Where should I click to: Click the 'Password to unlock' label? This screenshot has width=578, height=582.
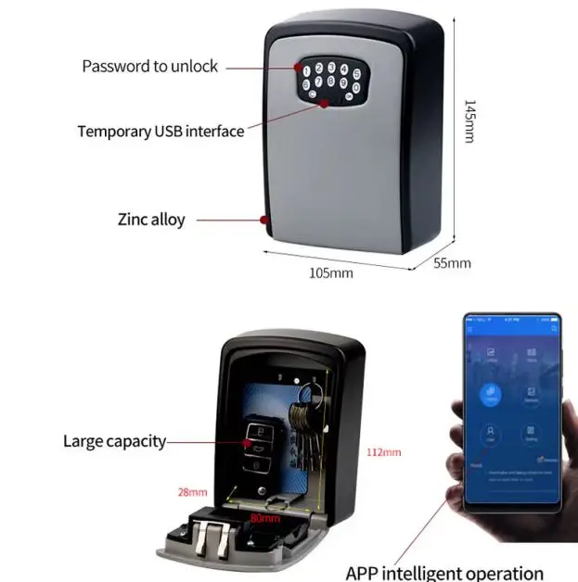click(x=150, y=66)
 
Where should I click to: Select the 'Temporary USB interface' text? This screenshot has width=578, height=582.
click(x=161, y=131)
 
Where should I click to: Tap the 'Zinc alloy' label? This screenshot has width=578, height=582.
click(x=151, y=220)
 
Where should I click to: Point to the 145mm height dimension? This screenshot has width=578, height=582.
click(x=469, y=120)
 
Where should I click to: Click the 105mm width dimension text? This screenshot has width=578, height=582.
click(x=330, y=272)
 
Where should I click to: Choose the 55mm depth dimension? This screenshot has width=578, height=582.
click(x=453, y=263)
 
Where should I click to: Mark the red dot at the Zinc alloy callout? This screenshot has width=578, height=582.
click(x=265, y=221)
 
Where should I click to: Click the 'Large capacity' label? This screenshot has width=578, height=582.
click(x=114, y=441)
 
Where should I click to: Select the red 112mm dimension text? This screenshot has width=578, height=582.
click(x=384, y=452)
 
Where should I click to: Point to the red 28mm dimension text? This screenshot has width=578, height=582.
click(x=193, y=492)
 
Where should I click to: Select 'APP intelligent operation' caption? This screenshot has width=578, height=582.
click(x=444, y=573)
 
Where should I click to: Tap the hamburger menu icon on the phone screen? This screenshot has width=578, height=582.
click(x=471, y=329)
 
